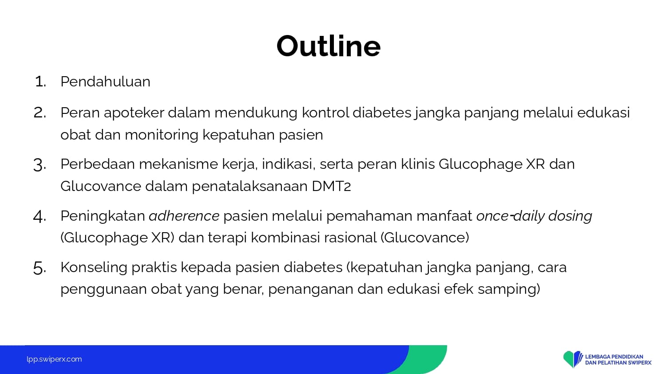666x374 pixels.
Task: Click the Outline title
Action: point(329,46)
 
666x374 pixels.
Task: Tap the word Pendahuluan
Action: point(105,82)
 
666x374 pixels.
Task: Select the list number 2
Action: point(40,113)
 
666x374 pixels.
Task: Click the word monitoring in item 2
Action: point(162,135)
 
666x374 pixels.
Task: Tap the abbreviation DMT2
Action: point(331,187)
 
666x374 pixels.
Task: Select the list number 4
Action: point(40,216)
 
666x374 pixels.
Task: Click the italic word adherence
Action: point(184,216)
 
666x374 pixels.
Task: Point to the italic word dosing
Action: point(570,216)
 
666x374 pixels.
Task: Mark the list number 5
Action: point(40,268)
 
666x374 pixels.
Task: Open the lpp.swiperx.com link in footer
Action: point(54,359)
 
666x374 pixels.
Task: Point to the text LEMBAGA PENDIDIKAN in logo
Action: point(614,356)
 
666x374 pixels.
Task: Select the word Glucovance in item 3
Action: point(101,187)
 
